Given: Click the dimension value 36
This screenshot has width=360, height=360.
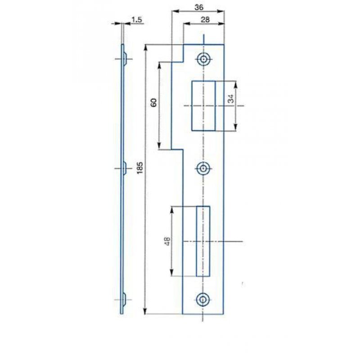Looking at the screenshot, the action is tap(199, 7).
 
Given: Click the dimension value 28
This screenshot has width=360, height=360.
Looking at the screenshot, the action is tap(205, 20).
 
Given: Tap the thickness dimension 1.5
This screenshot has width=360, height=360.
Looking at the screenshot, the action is tap(137, 20).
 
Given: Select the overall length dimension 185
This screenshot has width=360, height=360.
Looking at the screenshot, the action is tap(140, 168).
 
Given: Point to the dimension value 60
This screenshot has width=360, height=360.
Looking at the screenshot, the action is tap(153, 103).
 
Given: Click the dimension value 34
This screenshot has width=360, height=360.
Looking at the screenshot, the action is tap(231, 99).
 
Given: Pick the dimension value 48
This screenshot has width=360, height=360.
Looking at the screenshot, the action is tap(167, 241).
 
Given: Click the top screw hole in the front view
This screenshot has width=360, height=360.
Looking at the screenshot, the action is tap(203, 59).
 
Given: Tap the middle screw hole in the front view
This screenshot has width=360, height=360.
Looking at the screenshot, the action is tap(203, 169).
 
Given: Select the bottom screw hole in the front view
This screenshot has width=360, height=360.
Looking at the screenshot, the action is tap(202, 300).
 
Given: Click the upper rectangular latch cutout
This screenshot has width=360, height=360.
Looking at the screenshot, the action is tap(203, 106).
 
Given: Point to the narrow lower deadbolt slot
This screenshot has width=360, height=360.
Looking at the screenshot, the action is tap(203, 241).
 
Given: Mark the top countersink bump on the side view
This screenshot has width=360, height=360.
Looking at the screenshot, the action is tap(125, 59).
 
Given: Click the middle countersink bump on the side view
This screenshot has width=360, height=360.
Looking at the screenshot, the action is tap(125, 168).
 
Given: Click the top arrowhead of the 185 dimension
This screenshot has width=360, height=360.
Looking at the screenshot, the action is tap(145, 47).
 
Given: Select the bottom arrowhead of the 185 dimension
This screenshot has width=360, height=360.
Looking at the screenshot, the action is tap(145, 311).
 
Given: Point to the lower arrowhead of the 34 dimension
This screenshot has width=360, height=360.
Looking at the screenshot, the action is tap(235, 127).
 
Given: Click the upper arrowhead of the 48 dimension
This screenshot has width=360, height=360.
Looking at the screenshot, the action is tap(172, 210).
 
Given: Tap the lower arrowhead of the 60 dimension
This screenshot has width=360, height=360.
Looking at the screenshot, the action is tap(159, 146).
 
